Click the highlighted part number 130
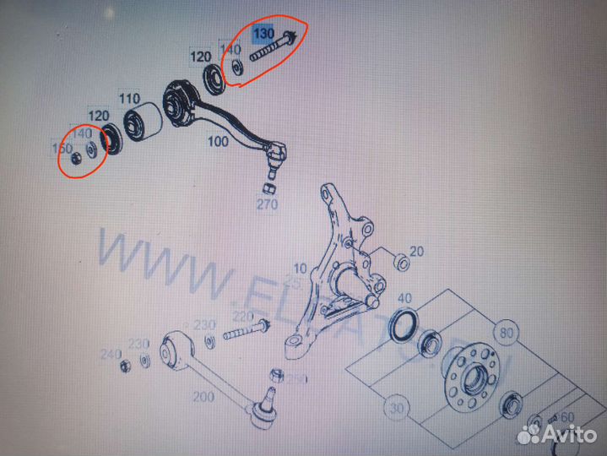264,33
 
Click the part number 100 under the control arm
218,142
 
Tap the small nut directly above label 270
268,186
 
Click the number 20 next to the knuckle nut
417,252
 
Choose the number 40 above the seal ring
404,298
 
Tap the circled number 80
508,332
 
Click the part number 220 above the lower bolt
242,317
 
